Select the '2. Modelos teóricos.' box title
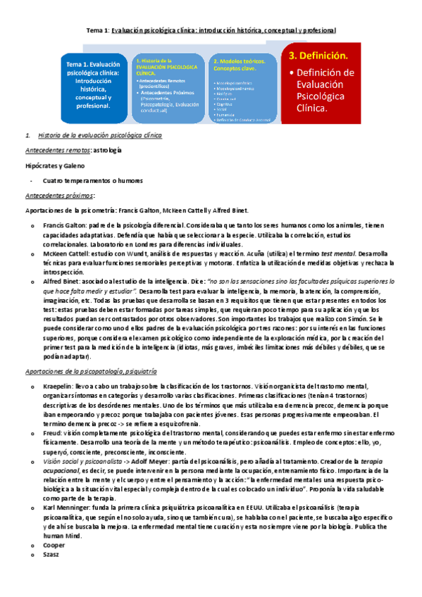click(x=239, y=61)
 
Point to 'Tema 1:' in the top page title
click(x=97, y=30)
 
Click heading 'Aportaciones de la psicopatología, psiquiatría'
click(x=91, y=370)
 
